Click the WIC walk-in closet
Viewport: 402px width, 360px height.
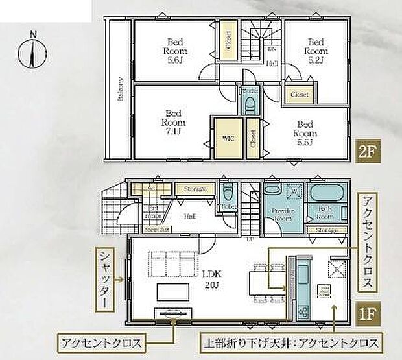click(x=228, y=137)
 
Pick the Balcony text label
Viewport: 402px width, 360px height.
click(x=120, y=90)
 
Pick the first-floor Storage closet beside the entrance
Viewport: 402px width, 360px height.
click(x=194, y=189)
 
